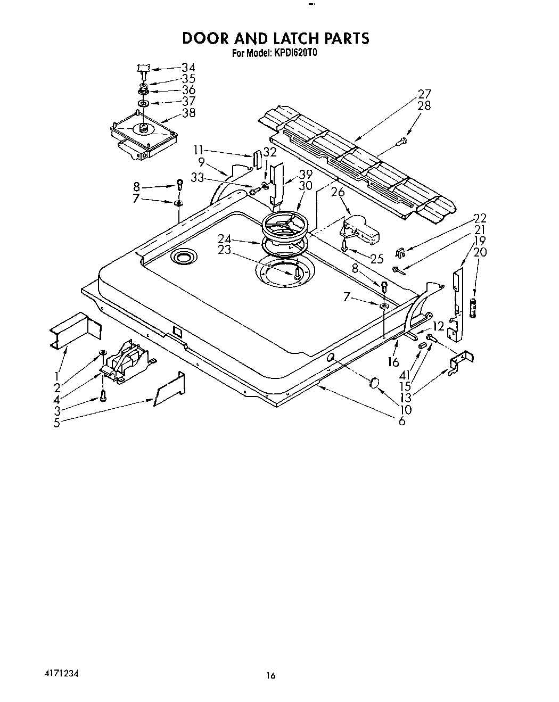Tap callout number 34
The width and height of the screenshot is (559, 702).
point(188,68)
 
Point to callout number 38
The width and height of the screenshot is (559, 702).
point(188,112)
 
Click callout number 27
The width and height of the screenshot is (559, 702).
point(424,94)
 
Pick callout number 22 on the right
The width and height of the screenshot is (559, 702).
point(480,218)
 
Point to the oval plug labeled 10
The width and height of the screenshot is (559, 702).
point(374,383)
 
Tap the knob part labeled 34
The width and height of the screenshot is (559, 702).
point(142,68)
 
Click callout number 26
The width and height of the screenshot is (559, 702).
point(338,192)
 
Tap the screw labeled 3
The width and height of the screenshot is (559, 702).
point(103,395)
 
